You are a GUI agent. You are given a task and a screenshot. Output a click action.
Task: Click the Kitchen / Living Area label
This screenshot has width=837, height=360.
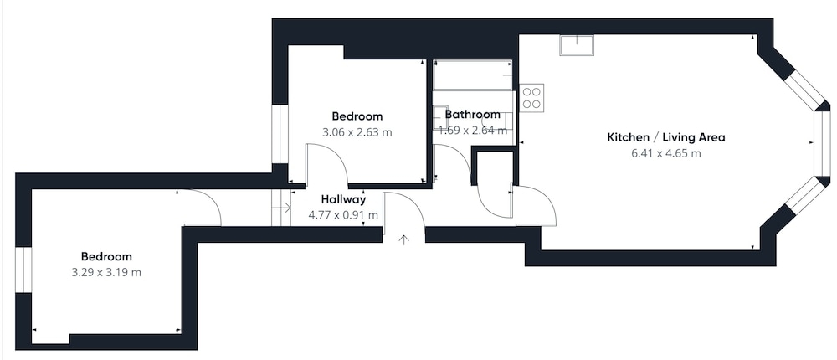coord(666,137)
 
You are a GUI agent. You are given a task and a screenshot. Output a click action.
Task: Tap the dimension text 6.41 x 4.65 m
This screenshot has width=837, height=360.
coord(666,154)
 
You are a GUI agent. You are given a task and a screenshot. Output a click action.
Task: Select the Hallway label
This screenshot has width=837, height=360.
coord(344,200)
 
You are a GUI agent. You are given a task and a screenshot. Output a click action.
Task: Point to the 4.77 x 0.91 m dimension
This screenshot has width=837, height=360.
coord(343,215)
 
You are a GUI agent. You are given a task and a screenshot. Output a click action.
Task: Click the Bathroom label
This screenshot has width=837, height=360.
coord(473,114)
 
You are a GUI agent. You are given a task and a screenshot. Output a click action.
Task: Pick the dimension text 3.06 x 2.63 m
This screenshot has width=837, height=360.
coord(357,132)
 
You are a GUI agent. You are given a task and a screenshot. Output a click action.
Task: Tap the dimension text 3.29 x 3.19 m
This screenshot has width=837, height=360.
coord(106,272)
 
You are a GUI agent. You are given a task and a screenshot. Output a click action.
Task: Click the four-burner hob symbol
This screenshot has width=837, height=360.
coord(531,98)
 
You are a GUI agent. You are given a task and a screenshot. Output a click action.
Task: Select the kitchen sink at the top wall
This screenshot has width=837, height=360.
coord(577,45)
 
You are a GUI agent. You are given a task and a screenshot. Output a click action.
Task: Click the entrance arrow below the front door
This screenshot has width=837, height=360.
coord(404,239)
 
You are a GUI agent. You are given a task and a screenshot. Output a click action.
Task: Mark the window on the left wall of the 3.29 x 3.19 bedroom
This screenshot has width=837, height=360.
coord(23,270)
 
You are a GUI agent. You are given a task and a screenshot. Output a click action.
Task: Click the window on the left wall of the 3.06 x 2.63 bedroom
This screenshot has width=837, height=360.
coord(280,133)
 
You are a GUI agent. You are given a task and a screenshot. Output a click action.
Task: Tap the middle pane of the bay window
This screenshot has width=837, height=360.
coord(819,143)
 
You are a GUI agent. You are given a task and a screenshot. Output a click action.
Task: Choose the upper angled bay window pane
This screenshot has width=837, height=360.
coord(804,90)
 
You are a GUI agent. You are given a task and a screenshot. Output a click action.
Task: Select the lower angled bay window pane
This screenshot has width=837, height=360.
coord(805,196)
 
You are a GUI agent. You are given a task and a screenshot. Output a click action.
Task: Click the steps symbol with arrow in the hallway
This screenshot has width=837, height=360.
coord(281,208)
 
